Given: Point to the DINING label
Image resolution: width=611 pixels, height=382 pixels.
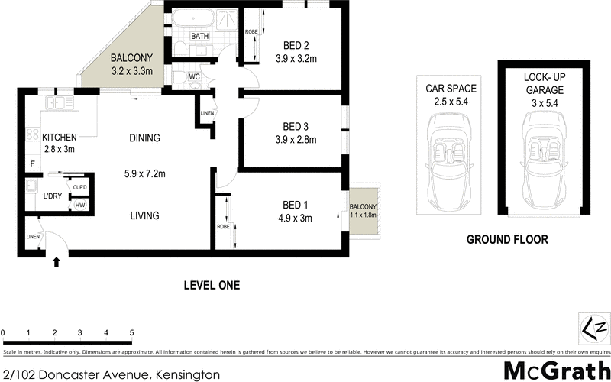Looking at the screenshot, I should [x=144, y=138].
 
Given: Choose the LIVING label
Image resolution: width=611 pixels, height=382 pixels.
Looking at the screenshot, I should [x=144, y=215].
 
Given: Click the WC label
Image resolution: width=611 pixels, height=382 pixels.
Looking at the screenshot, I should [x=195, y=77].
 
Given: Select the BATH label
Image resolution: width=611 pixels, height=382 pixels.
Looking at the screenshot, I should [x=200, y=36].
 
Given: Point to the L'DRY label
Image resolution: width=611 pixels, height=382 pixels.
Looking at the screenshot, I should [x=53, y=196].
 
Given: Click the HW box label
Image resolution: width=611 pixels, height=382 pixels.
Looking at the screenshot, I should [x=79, y=205].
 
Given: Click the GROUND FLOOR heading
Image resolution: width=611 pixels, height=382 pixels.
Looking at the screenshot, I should [x=507, y=239].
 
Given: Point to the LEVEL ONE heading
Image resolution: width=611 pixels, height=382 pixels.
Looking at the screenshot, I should [x=212, y=285].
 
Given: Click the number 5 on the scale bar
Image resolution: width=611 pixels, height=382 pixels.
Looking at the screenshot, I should [x=132, y=333].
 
